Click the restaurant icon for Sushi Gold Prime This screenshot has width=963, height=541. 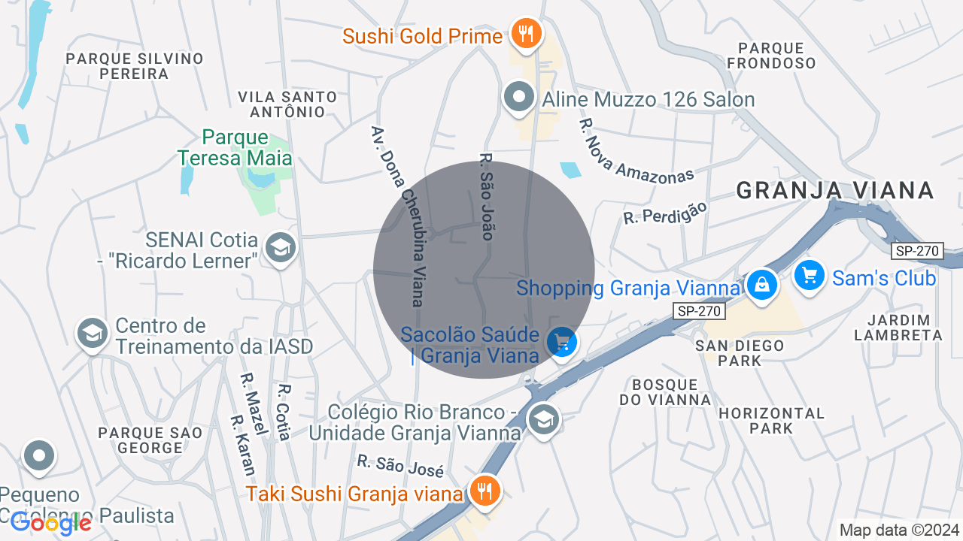click(526, 34)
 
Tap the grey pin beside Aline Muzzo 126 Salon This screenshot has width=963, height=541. click(519, 98)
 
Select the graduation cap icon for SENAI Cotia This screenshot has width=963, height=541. click(281, 247)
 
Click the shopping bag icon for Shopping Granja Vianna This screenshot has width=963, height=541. click(762, 286)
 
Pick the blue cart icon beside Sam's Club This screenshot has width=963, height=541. click(810, 276)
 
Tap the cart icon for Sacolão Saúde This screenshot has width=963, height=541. click(561, 343)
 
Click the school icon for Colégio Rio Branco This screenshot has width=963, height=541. click(543, 419)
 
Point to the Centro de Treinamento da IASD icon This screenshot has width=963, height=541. click(93, 334)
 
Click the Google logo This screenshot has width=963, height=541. click(51, 524)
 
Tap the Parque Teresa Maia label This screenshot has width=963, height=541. click(235, 147)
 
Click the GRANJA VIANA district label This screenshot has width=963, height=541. click(835, 190)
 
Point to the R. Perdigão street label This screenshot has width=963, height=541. click(666, 212)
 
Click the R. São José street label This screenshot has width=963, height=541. click(400, 466)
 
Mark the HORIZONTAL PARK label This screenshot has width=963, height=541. click(771, 421)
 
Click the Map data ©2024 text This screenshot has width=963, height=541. click(899, 530)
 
